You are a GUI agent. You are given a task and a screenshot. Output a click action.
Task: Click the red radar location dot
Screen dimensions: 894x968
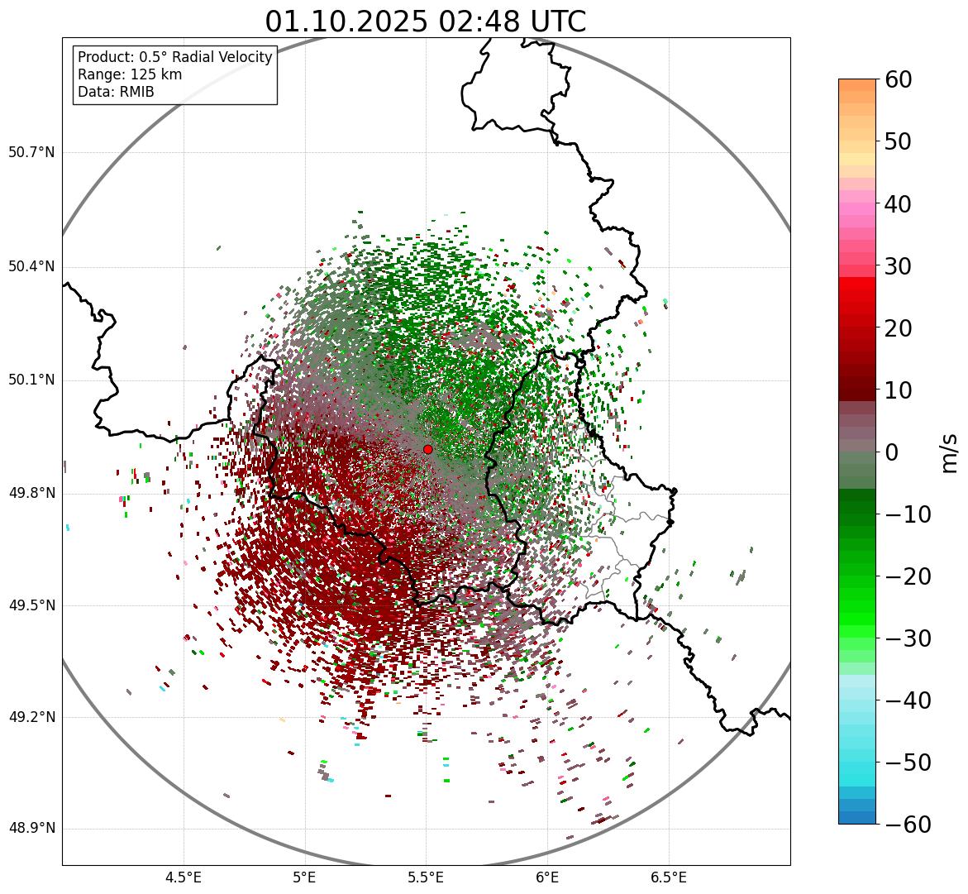[x=427, y=449]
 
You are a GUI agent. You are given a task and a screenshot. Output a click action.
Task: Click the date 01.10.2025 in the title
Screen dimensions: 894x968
[x=346, y=22]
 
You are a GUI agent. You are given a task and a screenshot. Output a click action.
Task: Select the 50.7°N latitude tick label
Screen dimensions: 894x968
[x=31, y=152]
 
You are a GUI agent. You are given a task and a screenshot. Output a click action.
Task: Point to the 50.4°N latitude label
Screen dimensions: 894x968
[x=31, y=266]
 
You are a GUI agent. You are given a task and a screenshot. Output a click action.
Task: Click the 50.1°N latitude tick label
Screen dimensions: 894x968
[x=31, y=380]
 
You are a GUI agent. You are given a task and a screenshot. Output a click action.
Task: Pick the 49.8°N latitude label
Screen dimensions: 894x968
[x=31, y=494]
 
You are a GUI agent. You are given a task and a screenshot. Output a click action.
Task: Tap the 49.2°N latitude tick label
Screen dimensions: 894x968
[x=31, y=717]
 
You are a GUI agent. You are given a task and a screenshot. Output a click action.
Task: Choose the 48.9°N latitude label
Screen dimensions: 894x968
[x=31, y=829]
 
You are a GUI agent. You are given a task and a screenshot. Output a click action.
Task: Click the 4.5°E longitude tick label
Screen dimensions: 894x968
[x=184, y=877]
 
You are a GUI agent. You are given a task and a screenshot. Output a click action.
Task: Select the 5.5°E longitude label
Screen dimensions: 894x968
[x=426, y=877]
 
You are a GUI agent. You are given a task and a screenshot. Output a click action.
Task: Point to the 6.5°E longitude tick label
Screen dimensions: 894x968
[x=668, y=877]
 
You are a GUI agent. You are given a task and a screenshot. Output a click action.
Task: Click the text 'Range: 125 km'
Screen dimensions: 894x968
[x=130, y=74]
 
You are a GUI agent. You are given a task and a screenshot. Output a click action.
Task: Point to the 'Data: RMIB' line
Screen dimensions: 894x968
[x=116, y=92]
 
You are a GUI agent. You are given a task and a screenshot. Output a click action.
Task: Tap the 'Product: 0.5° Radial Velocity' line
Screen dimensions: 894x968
[x=174, y=57]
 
